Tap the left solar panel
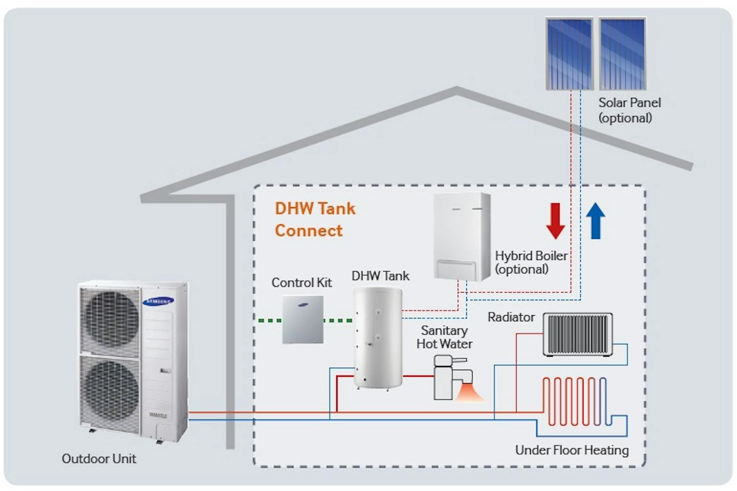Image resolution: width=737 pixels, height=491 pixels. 569,54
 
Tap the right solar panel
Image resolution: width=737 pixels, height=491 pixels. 623,54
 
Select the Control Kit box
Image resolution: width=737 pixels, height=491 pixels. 303,319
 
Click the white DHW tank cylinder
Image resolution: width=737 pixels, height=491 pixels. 378,338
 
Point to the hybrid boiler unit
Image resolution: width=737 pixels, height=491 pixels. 462,236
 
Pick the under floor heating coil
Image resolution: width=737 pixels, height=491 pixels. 575,402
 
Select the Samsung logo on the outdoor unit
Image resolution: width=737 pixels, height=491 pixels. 159,301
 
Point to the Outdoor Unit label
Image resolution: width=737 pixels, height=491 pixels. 99,459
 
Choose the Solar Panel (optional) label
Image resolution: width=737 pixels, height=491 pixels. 629,110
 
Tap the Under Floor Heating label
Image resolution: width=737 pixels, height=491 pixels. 572,450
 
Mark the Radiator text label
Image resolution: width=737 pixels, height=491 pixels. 511,317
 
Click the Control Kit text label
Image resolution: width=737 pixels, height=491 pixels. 301,283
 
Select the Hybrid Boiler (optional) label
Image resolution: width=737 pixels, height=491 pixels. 531,262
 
